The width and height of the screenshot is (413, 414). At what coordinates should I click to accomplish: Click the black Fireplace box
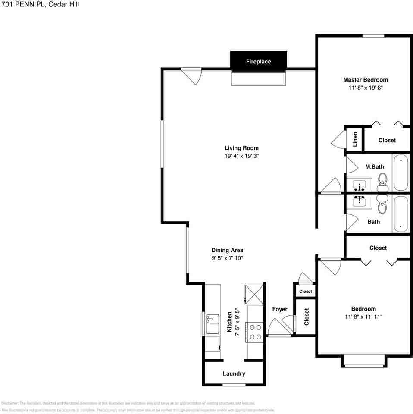pos(258,61)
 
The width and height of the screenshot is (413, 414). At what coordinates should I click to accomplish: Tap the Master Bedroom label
pos(365,80)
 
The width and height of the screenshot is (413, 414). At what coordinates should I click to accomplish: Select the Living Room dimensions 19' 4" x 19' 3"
pos(241,157)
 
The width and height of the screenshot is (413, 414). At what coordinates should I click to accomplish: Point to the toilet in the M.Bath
pos(382,182)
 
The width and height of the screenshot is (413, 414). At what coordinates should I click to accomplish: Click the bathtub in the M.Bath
pos(400,172)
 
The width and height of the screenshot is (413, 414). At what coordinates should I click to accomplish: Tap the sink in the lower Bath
pos(360,201)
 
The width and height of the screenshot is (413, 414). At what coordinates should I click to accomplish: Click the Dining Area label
pos(227,250)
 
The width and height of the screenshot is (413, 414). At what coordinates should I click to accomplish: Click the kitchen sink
pos(212,323)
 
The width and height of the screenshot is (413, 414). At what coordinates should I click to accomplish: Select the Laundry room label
pos(234,373)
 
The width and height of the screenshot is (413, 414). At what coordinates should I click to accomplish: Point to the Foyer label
pos(279,309)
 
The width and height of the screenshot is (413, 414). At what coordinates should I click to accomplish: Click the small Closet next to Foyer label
pos(305,292)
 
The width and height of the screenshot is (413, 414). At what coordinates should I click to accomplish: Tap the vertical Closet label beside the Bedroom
pos(307,316)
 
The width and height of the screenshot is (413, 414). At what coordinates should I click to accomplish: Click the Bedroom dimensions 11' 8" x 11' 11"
pos(363,317)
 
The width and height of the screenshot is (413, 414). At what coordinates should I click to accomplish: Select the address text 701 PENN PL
pos(21,5)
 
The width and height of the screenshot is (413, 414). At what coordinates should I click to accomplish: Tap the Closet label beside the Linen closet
pos(387,140)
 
